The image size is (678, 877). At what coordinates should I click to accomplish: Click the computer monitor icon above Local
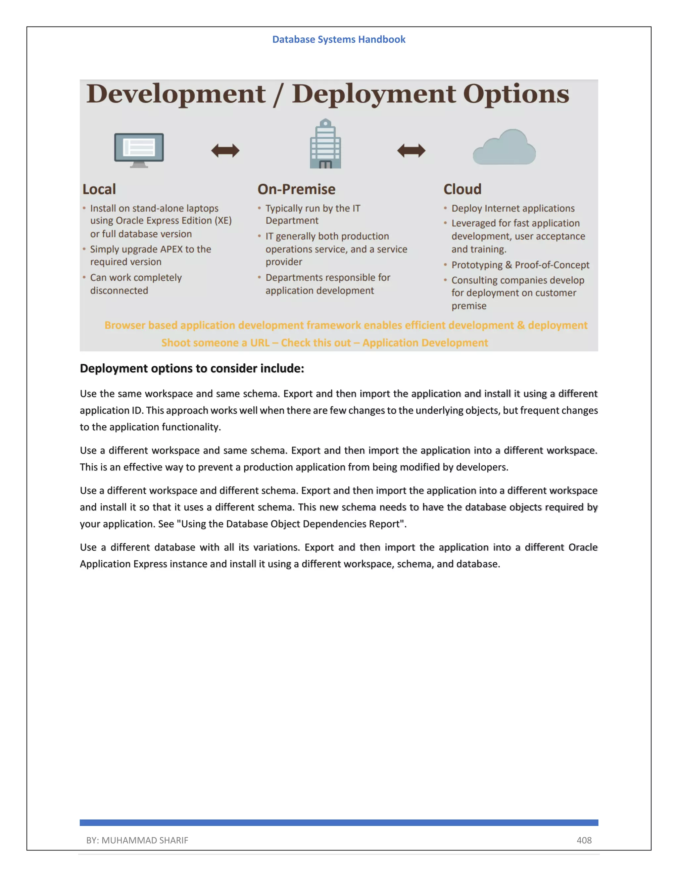pos(139,149)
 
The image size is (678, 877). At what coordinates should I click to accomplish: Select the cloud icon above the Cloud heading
pos(505,148)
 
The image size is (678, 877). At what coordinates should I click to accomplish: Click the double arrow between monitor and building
pos(225,151)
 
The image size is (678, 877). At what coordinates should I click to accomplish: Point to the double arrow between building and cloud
pos(411,151)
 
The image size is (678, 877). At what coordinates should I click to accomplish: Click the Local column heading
pos(99,189)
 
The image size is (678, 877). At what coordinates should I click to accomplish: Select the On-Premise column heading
pos(296,189)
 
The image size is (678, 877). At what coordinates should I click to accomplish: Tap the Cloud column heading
pos(462,189)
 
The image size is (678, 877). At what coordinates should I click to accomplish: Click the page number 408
pos(584,840)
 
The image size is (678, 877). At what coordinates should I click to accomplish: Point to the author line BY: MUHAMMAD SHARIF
pos(137,840)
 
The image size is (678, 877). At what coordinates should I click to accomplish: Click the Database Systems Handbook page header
pos(339,39)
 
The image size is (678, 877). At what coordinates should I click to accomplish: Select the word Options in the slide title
pos(516,94)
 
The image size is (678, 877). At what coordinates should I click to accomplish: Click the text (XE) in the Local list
pos(223,221)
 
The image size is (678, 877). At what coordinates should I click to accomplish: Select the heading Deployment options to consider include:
pos(192,368)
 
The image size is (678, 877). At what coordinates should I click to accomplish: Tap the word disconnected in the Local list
pos(119,291)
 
